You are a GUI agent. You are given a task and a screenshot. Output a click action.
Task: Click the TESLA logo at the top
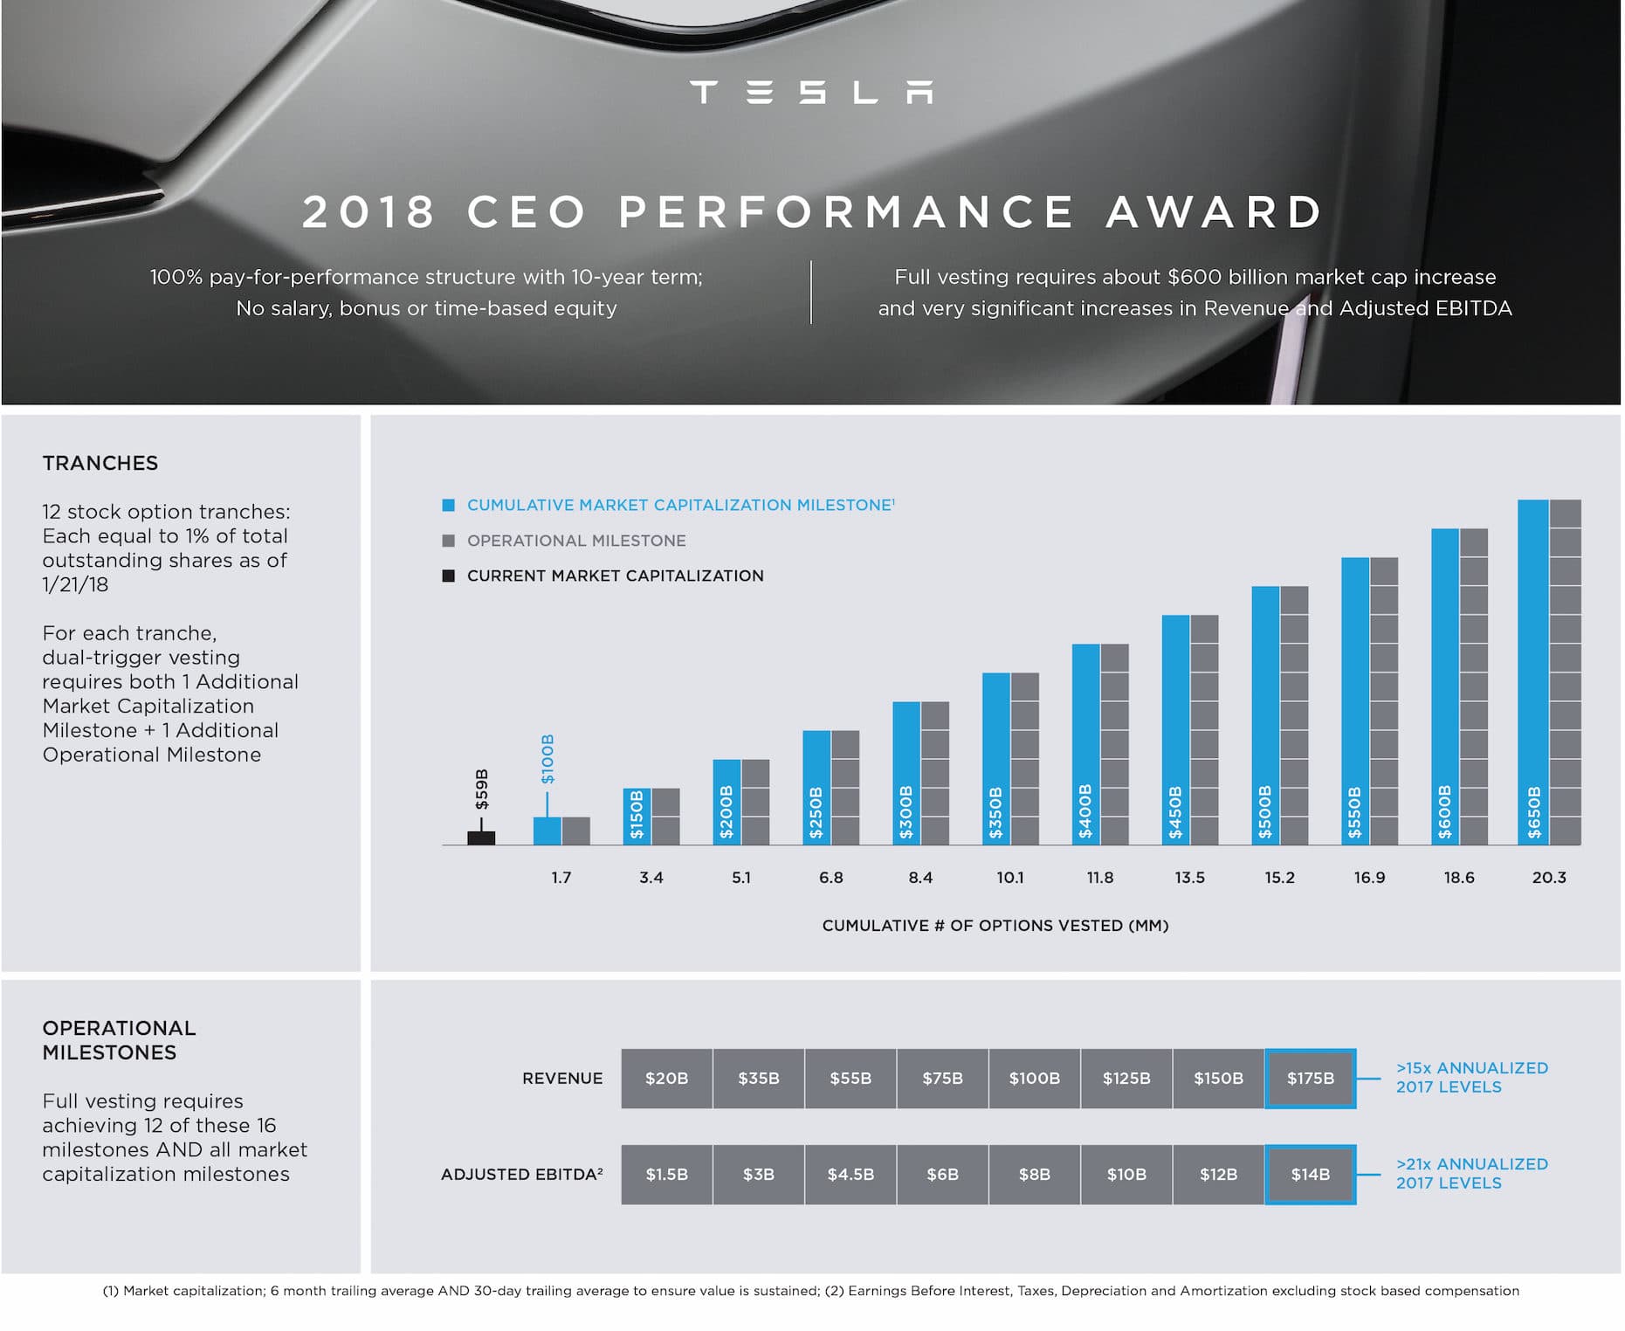click(811, 93)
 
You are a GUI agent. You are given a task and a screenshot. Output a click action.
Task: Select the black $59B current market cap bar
click(481, 838)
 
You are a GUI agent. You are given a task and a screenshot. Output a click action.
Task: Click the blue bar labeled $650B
click(1533, 672)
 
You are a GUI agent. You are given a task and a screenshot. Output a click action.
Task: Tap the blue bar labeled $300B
click(905, 773)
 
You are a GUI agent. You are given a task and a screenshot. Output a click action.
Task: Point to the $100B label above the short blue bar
click(547, 758)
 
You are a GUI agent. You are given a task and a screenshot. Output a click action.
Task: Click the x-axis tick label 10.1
click(1010, 878)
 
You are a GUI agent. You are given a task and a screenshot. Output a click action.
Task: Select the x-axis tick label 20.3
click(1549, 878)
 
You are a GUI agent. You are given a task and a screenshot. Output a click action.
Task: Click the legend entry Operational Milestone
click(575, 541)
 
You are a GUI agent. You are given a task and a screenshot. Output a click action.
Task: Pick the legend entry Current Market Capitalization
click(615, 576)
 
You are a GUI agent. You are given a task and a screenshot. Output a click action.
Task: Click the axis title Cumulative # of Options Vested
click(995, 926)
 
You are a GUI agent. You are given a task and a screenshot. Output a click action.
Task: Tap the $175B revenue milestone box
click(1310, 1079)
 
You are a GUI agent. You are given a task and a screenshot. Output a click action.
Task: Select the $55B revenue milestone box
click(850, 1079)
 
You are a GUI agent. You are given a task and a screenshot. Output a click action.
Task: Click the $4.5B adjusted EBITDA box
click(850, 1175)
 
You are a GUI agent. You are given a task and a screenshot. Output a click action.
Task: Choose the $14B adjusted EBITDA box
click(1310, 1175)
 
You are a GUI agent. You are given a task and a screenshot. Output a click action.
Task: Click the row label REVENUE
click(562, 1079)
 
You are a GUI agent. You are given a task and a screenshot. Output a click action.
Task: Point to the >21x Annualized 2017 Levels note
click(1471, 1174)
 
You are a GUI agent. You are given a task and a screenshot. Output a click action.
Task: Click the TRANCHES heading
click(100, 463)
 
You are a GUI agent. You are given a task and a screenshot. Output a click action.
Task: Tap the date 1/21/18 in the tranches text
click(75, 585)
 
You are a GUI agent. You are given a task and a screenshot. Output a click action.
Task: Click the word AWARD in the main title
click(1215, 212)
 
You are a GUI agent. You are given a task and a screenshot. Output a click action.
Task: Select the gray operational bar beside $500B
click(1294, 716)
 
